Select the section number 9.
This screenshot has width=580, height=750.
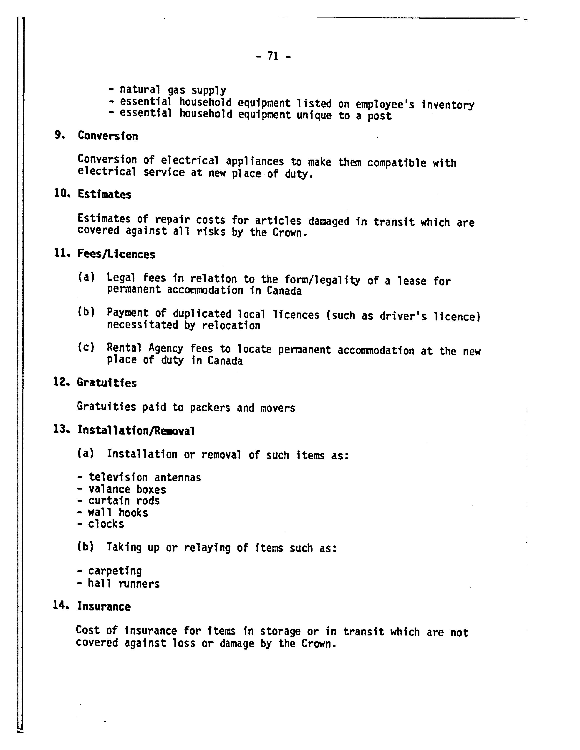59,135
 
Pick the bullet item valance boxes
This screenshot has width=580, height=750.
127,489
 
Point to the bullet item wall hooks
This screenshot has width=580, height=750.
118,513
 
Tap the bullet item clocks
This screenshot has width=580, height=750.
106,524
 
